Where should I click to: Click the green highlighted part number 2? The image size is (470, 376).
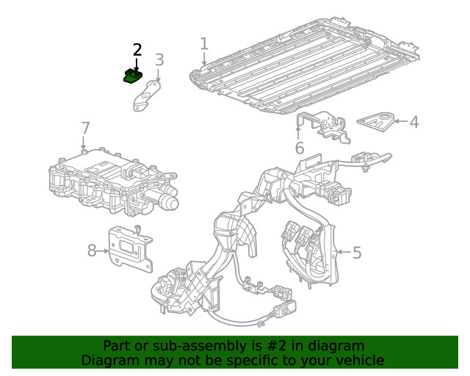click(132, 76)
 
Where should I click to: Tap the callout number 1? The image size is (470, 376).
click(204, 43)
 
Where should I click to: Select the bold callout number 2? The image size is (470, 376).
click(137, 50)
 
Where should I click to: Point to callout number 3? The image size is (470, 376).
click(159, 59)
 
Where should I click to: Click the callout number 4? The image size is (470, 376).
click(414, 122)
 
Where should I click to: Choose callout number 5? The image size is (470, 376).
click(357, 253)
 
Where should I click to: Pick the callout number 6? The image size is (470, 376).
click(299, 148)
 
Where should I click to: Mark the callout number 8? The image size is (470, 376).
click(92, 250)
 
